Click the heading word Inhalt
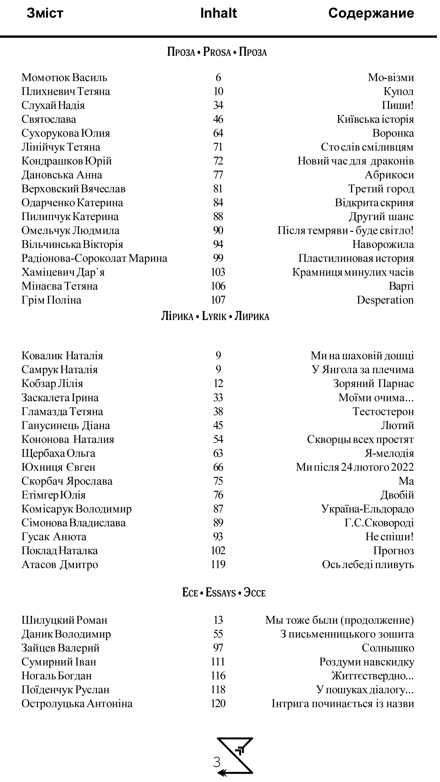(218, 13)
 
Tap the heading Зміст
(45, 13)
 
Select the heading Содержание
(371, 13)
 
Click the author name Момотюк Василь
(64, 77)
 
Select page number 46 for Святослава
(218, 119)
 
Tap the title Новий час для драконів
(355, 161)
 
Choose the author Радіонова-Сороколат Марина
(94, 258)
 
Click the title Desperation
(385, 300)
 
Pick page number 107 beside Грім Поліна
(218, 300)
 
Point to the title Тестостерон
(383, 411)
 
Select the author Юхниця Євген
(58, 467)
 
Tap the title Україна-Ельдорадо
(367, 509)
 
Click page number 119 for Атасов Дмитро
(218, 565)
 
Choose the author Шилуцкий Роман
(64, 620)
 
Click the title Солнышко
(387, 648)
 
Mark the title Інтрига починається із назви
(343, 704)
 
